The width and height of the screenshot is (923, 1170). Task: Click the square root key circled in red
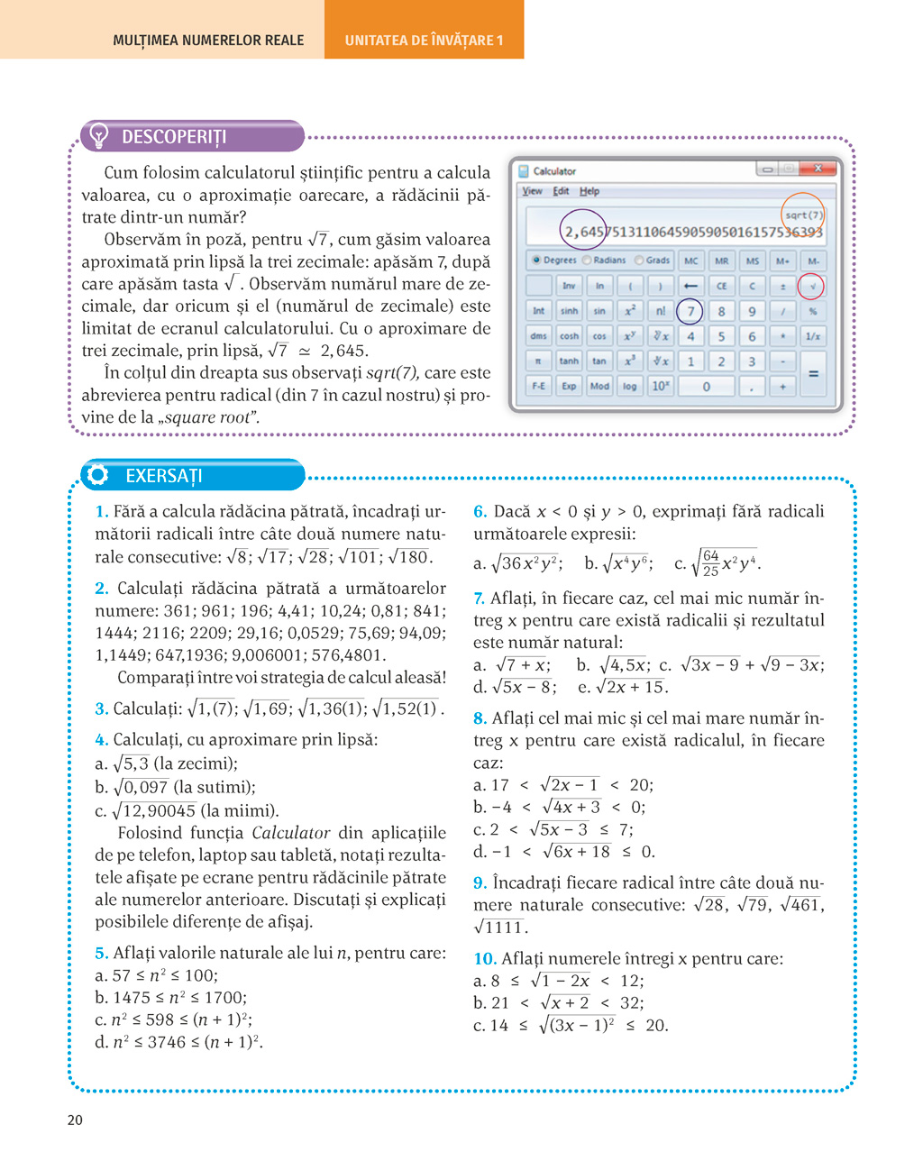pos(812,287)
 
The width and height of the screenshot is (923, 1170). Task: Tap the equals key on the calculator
pos(813,373)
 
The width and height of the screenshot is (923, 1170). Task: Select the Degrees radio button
pos(536,261)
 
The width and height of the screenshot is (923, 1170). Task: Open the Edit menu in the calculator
pos(561,191)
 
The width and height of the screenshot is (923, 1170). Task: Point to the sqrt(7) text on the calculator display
pos(802,215)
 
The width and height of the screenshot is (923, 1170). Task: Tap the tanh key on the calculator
pos(569,361)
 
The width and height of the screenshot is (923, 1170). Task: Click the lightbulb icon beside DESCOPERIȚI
pos(98,136)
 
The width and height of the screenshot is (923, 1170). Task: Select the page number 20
pos(75,1120)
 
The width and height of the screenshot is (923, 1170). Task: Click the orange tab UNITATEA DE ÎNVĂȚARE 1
pos(424,40)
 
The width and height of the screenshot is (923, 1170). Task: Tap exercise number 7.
pos(479,599)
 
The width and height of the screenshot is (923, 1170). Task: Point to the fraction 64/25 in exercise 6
pos(710,563)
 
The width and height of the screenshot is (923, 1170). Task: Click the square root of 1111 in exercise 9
pos(499,928)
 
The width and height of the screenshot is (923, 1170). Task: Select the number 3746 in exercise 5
pos(167,1042)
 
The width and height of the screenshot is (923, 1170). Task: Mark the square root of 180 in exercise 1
pos(410,557)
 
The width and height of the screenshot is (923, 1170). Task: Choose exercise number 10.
pos(484,959)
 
